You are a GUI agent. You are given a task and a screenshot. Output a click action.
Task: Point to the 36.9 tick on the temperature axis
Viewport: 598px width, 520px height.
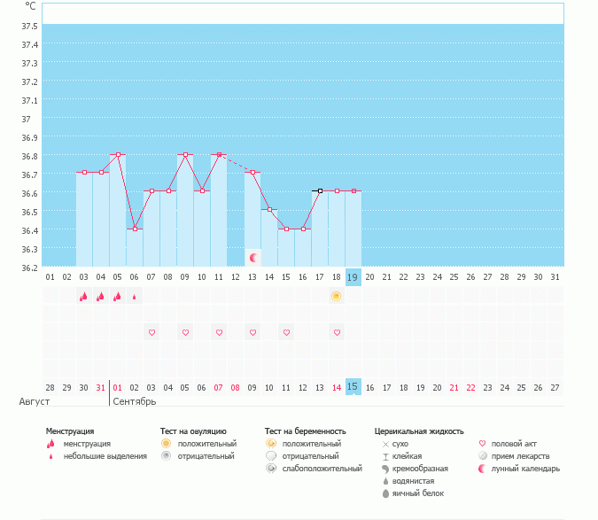(x=29, y=137)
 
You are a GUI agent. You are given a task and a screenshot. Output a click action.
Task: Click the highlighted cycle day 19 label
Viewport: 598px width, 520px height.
(x=353, y=277)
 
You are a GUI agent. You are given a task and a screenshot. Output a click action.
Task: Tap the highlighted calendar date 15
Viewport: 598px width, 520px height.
(x=353, y=387)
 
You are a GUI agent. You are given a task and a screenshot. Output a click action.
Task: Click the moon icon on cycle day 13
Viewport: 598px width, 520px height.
(x=253, y=258)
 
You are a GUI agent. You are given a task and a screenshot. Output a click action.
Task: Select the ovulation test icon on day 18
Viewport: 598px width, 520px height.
(x=337, y=296)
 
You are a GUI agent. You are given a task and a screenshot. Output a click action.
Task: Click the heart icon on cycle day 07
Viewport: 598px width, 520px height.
(x=151, y=332)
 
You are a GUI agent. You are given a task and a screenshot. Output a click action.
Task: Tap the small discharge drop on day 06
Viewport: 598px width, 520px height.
(x=135, y=297)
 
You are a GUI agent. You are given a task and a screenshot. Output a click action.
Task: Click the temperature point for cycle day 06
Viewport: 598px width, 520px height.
(x=135, y=229)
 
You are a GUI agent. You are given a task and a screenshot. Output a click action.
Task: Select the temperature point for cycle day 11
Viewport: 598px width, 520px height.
(x=219, y=154)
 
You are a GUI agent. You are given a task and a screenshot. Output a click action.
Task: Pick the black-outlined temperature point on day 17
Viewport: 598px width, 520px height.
(x=320, y=190)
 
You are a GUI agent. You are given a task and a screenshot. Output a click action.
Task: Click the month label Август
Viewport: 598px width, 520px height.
(x=35, y=401)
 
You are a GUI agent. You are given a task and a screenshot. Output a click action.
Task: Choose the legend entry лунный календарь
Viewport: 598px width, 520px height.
(x=526, y=468)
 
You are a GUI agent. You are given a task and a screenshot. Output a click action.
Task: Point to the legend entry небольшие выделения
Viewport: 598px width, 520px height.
(x=105, y=455)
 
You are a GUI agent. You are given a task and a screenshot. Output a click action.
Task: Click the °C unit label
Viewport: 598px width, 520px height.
(x=30, y=5)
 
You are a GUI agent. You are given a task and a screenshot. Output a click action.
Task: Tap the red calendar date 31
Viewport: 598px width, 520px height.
(x=101, y=387)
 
